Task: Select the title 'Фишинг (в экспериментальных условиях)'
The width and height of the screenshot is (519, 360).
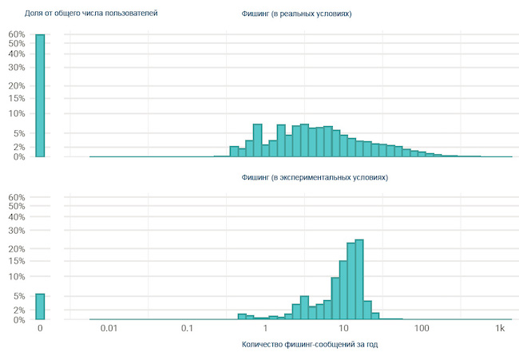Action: tap(314, 177)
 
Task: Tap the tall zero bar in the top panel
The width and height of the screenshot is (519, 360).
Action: tap(40, 96)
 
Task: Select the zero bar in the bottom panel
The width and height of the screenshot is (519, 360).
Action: tap(40, 307)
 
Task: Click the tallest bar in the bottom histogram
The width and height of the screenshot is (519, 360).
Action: tap(359, 279)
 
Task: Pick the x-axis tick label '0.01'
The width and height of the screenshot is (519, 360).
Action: tap(109, 329)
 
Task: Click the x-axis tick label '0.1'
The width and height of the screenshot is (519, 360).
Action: tap(187, 329)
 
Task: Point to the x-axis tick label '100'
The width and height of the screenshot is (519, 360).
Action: tap(422, 329)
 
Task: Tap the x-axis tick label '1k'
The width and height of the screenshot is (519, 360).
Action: tap(501, 329)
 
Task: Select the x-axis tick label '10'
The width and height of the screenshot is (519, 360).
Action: tap(344, 329)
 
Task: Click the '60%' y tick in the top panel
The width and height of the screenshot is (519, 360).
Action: tap(17, 34)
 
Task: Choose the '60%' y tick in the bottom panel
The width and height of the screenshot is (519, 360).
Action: tap(17, 197)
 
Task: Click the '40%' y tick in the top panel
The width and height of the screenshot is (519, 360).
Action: tap(17, 54)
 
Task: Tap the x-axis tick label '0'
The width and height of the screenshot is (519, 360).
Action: tap(40, 329)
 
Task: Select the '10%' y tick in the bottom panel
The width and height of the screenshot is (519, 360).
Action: tap(17, 276)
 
